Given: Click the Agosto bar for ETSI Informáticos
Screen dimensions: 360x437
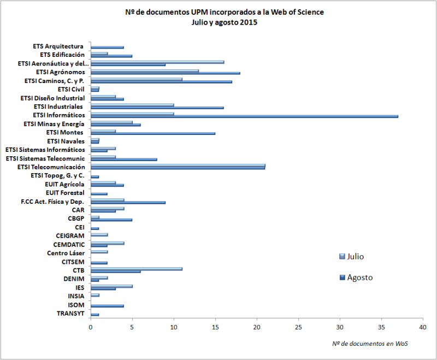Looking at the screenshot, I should (x=244, y=116).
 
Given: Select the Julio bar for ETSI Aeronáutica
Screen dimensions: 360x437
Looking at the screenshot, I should (x=157, y=62).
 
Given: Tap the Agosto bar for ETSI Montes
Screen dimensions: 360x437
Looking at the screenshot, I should (x=153, y=133).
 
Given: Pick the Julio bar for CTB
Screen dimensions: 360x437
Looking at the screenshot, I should (x=137, y=269).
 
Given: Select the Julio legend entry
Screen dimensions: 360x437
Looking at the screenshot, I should (x=352, y=256).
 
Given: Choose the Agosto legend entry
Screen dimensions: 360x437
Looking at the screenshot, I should (x=356, y=278).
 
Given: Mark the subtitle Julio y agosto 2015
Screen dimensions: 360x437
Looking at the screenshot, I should (x=225, y=22).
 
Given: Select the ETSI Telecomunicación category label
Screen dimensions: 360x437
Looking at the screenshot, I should (x=51, y=167).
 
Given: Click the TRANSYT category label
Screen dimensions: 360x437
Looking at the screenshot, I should (x=70, y=313).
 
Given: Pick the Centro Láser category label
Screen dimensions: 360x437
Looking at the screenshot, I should (x=66, y=252).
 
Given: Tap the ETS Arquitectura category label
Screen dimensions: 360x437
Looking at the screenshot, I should (x=58, y=46).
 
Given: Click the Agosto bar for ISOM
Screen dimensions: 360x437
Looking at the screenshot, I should (x=107, y=306).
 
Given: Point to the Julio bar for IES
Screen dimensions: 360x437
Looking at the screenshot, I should (x=111, y=286).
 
